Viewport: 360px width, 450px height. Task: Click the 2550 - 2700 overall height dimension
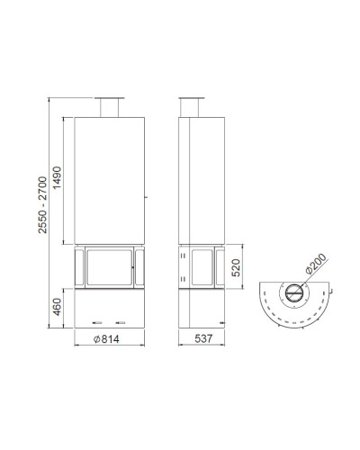42,205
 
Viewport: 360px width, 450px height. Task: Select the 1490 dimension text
57,177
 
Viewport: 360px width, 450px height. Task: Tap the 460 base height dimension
57,307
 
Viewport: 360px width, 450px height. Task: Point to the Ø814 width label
106,339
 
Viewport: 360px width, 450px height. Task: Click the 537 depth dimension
203,338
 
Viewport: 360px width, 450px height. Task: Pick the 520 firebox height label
236,267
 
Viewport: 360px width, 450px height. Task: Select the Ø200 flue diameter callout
316,264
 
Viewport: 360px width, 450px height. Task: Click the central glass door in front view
110,267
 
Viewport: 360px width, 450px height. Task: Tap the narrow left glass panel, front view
79,267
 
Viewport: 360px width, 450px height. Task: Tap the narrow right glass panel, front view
139,267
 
